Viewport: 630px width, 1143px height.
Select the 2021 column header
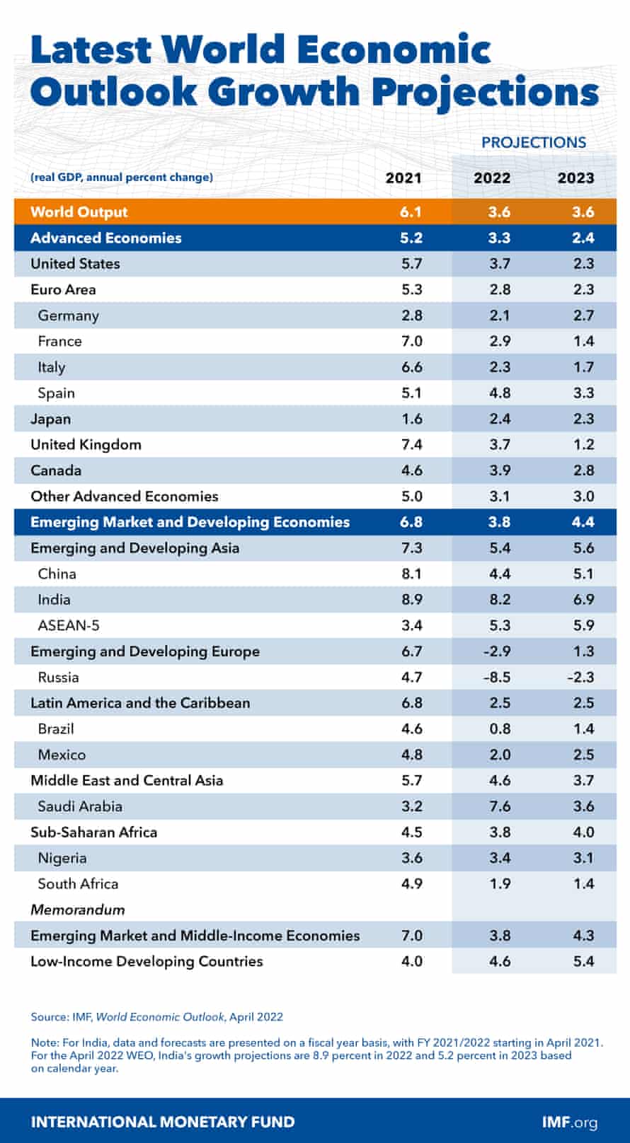pyautogui.click(x=403, y=178)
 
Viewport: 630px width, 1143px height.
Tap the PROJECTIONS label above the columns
pyautogui.click(x=534, y=142)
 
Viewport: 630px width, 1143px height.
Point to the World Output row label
pyautogui.click(x=79, y=211)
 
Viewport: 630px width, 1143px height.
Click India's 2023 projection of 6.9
pyautogui.click(x=583, y=600)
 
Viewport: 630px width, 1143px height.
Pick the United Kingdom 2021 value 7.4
pyautogui.click(x=411, y=444)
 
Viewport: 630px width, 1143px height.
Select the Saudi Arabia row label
pyautogui.click(x=80, y=806)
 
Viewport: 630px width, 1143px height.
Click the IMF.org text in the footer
pyautogui.click(x=569, y=1122)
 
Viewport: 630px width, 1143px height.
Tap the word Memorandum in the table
pyautogui.click(x=77, y=910)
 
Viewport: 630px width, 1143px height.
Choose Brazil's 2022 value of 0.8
pyautogui.click(x=500, y=729)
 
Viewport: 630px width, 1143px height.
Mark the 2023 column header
pyautogui.click(x=575, y=178)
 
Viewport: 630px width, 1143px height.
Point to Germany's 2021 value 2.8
pyautogui.click(x=411, y=315)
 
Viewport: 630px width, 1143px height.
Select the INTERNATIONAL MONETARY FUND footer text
pyautogui.click(x=163, y=1122)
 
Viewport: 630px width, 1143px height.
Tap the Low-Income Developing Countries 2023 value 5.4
pyautogui.click(x=583, y=961)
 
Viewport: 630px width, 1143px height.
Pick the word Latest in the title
pyautogui.click(x=91, y=50)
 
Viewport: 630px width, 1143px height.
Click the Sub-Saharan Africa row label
pyautogui.click(x=93, y=832)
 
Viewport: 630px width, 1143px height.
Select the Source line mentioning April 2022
pyautogui.click(x=156, y=1017)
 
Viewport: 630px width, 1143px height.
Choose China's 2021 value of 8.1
pyautogui.click(x=411, y=574)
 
